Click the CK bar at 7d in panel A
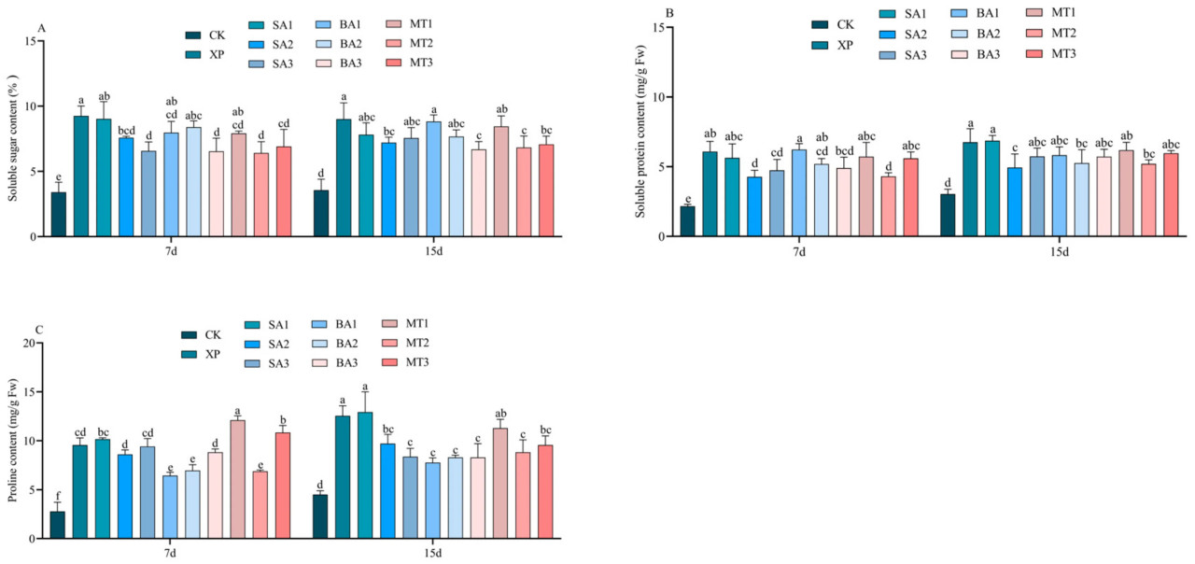(x=58, y=214)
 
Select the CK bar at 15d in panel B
(x=948, y=216)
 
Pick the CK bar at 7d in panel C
(x=58, y=525)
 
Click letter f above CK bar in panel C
(x=58, y=496)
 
